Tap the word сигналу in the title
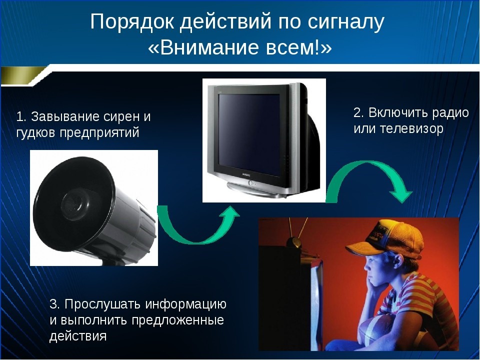(346, 22)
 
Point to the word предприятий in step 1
(99, 133)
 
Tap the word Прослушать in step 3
(103, 304)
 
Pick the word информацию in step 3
(186, 304)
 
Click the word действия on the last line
(78, 336)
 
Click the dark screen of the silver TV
(249, 134)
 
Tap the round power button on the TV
(250, 183)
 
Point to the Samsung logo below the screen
(246, 175)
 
